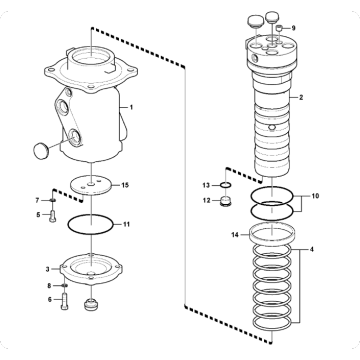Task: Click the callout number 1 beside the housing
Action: pos(131,107)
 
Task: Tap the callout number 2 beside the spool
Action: pos(301,98)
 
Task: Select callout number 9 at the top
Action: pos(293,28)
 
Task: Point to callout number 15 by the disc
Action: pos(125,185)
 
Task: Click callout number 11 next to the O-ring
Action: pos(126,224)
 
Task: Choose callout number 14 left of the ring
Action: pos(235,235)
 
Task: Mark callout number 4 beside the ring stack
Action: pos(312,249)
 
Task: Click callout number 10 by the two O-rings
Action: pos(315,196)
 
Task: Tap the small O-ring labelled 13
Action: pos(227,185)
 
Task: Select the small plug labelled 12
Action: pos(226,201)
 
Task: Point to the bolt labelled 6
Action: pos(65,301)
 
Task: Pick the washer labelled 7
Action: pos(52,200)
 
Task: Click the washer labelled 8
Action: pos(65,285)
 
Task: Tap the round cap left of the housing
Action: pos(41,150)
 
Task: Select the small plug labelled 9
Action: pos(280,28)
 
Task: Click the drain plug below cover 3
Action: pos(92,305)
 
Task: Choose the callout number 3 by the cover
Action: pos(48,269)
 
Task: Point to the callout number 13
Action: pos(206,185)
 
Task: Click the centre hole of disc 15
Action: pos(91,184)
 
